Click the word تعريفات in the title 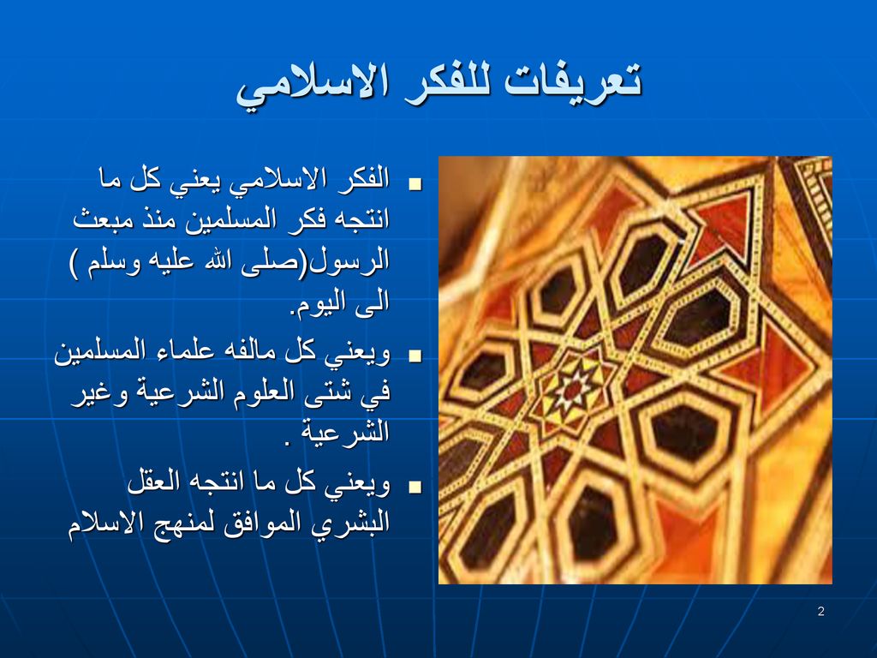[x=573, y=81]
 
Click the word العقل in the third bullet [x=153, y=482]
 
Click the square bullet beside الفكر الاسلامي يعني [x=415, y=184]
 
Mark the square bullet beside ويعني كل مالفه [x=415, y=356]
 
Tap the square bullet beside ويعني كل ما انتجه [x=415, y=488]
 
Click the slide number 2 [x=820, y=611]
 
